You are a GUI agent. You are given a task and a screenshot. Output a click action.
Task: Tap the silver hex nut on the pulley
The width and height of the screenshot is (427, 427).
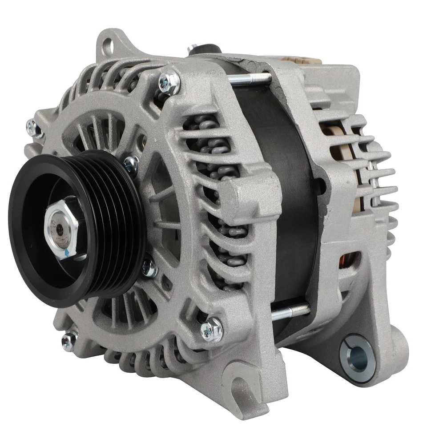pyautogui.click(x=61, y=227)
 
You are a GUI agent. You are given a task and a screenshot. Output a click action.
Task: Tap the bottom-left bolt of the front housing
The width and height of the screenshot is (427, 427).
pyautogui.click(x=69, y=341)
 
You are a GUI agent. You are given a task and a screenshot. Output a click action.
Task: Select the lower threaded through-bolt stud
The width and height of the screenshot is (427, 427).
pyautogui.click(x=290, y=311)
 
